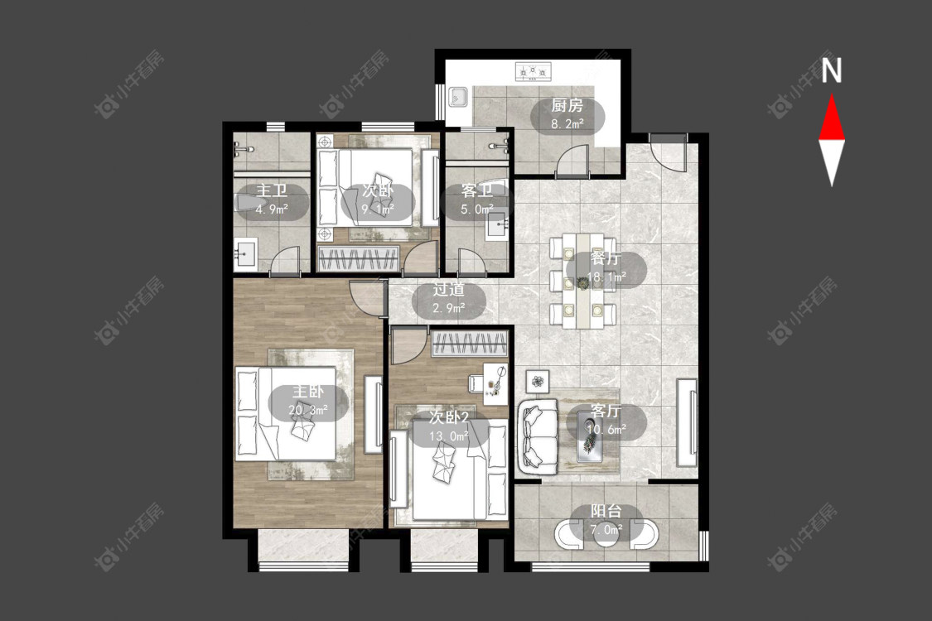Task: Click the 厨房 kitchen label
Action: (567, 106)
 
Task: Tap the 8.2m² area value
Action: (567, 124)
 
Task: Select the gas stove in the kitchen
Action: (534, 71)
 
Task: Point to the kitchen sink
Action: (458, 96)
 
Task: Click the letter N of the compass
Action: (832, 70)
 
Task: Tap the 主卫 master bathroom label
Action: (272, 191)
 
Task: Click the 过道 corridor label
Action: (448, 290)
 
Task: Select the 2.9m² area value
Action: (448, 308)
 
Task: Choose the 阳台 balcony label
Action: (606, 511)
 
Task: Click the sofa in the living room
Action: (538, 437)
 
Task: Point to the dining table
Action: (583, 280)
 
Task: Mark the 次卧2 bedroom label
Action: (449, 418)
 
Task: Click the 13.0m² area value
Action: (449, 436)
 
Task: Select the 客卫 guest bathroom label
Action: (476, 191)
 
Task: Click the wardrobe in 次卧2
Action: (470, 344)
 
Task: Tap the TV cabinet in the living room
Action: (687, 422)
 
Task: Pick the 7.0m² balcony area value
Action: (606, 529)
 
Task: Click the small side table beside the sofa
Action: (538, 381)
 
